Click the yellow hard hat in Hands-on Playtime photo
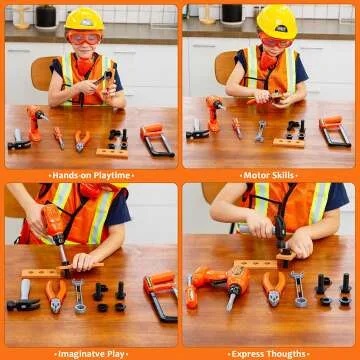84,19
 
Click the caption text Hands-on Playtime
91,175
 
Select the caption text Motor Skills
270,175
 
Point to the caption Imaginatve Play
91,352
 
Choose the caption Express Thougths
270,352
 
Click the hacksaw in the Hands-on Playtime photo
157,139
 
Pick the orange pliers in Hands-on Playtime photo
82,140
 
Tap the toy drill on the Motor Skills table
213,112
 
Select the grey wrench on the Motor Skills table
260,131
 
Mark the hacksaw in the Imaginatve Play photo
159,296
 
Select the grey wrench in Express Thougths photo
298,289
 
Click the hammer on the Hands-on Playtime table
19,140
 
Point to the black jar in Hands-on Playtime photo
46,15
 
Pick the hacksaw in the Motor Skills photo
336,131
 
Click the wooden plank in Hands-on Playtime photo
112,152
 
